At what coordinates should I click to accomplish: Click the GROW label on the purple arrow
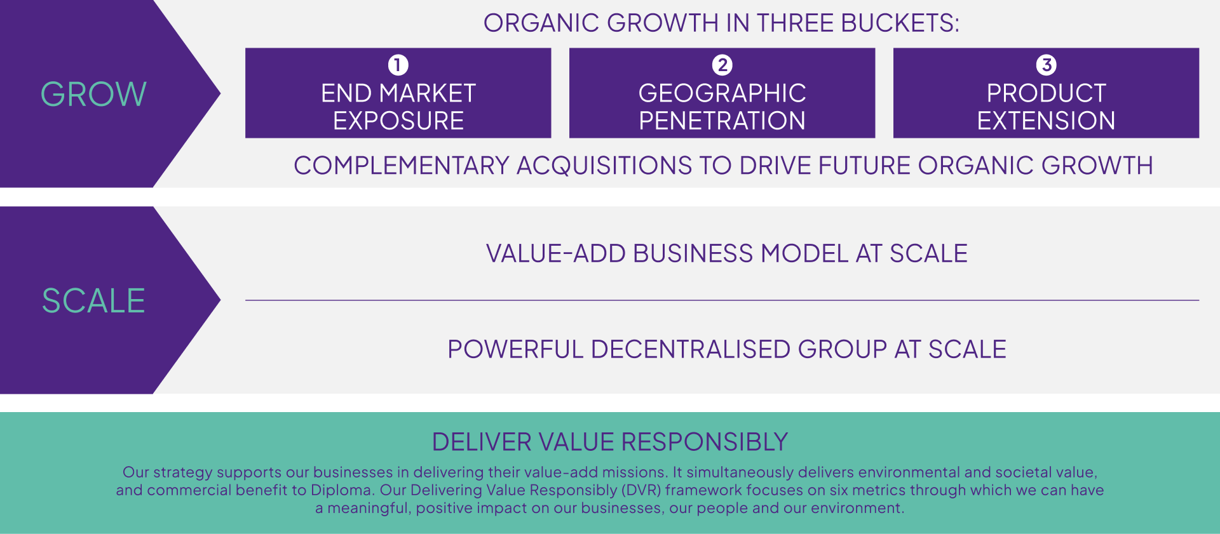pos(93,94)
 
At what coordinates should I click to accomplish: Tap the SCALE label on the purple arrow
pos(93,300)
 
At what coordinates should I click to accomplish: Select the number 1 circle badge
pos(398,65)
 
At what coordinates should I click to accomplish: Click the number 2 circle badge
pos(722,65)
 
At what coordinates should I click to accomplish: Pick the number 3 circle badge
pos(1047,65)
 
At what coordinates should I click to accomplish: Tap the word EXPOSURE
pos(398,121)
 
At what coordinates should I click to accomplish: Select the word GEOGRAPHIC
pos(722,93)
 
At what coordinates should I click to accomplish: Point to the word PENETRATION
pos(722,121)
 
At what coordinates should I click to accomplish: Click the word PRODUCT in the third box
pos(1047,93)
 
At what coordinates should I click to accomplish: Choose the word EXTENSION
pos(1047,121)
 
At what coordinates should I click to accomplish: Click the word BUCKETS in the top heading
pos(900,23)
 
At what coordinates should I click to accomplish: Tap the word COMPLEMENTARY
pos(402,166)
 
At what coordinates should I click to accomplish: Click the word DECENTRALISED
pos(691,349)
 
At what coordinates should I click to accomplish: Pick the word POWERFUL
pos(515,349)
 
